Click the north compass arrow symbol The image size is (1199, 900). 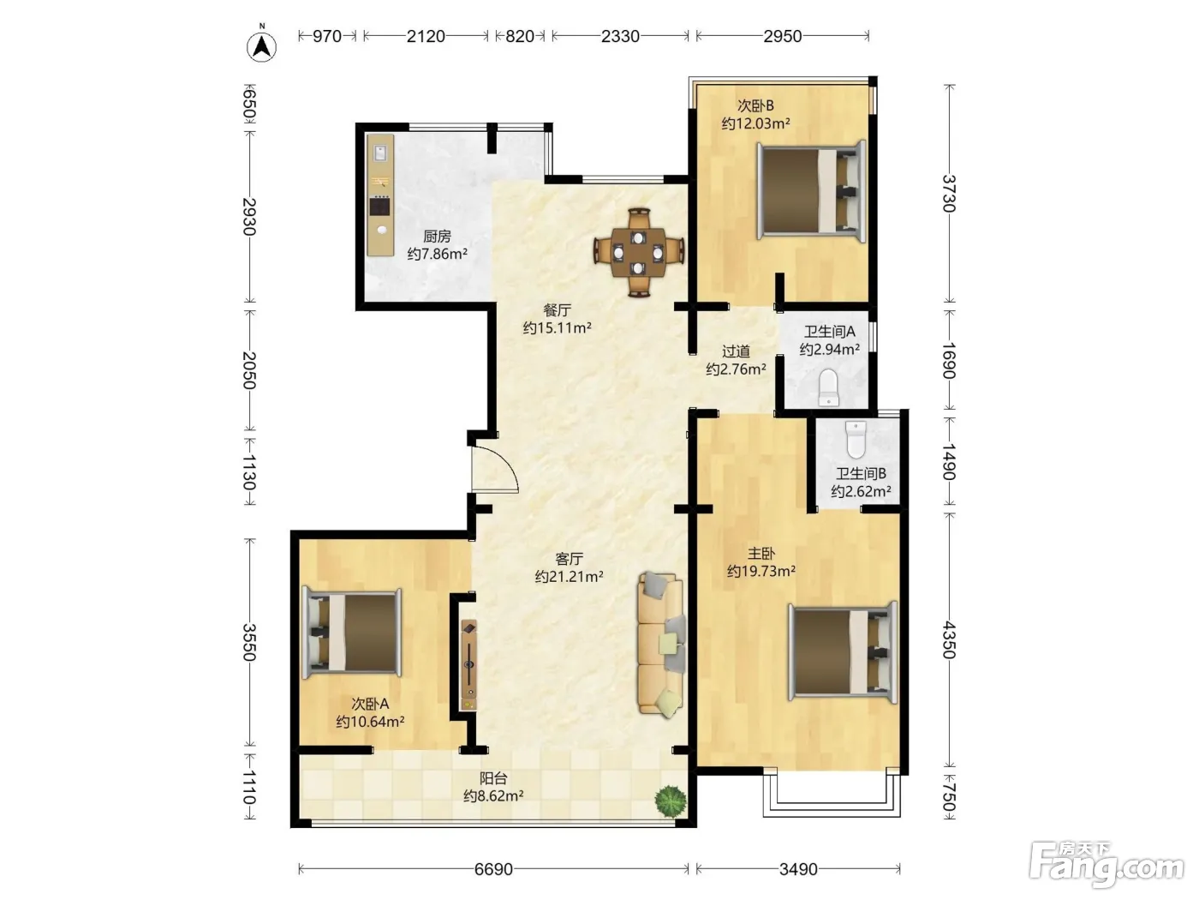click(261, 46)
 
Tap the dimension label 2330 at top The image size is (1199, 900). click(620, 36)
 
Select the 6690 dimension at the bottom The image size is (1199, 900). click(493, 869)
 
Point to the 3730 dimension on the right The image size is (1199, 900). click(950, 193)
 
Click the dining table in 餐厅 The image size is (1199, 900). click(639, 253)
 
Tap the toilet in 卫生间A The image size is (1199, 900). click(829, 387)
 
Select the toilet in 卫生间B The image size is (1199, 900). click(856, 440)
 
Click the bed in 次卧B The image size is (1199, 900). click(811, 190)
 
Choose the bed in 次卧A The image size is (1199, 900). click(352, 633)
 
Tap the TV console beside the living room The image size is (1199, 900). click(468, 664)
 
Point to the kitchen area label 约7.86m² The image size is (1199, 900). click(437, 254)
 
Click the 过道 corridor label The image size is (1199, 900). click(736, 351)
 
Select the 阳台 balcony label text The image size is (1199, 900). click(493, 778)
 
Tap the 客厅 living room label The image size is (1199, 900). click(569, 559)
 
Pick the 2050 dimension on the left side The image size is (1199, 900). click(249, 370)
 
